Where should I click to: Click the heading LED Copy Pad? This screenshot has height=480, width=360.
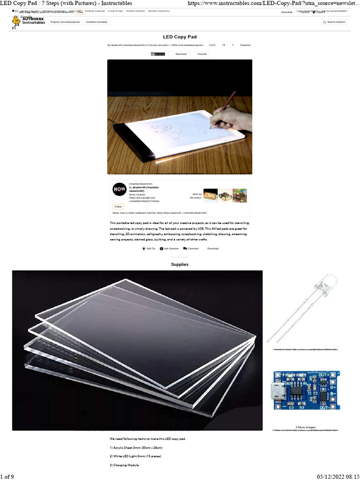180,36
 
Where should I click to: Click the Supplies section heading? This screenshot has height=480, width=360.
180,264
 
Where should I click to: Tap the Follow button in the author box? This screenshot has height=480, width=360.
118,206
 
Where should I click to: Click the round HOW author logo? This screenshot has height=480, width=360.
120,189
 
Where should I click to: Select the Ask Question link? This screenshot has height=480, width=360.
169,248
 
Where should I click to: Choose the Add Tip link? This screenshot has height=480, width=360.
149,248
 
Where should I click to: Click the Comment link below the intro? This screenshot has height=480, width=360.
191,248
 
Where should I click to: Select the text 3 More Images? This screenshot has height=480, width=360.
306,427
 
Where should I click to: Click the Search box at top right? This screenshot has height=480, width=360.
335,22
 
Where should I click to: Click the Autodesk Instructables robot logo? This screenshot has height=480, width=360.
16,21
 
